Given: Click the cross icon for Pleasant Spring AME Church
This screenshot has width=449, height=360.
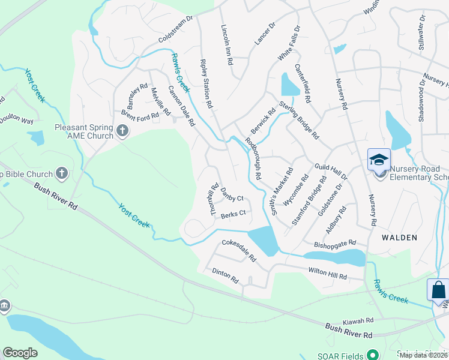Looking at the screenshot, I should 122,131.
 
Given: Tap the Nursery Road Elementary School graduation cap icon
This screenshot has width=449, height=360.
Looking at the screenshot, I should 379,160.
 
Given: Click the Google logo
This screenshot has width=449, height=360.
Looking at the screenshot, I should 20,352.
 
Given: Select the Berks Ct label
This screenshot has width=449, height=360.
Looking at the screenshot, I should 234,213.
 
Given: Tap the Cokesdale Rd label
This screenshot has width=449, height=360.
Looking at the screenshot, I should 239,251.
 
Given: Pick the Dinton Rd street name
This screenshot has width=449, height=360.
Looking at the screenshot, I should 225,275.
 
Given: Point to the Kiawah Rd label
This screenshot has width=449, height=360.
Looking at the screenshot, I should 358,320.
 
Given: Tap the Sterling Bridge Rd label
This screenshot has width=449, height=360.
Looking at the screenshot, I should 306,121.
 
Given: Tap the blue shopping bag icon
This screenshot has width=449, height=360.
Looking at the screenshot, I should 438,290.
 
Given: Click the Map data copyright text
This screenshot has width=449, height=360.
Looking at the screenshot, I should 423,355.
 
